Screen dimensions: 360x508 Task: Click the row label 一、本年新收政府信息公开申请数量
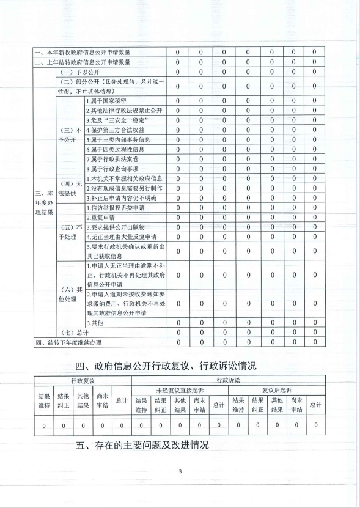tap(83, 53)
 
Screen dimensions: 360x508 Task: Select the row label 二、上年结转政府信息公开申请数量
tap(83, 62)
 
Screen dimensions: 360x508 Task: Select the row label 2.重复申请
tap(101, 218)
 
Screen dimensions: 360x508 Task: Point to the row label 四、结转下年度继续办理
tap(68, 342)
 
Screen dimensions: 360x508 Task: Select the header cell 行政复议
tap(82, 380)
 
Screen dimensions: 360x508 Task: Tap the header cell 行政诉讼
tap(229, 380)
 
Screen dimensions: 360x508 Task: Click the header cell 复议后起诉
tap(277, 389)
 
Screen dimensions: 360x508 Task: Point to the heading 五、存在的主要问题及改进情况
tap(142, 445)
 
